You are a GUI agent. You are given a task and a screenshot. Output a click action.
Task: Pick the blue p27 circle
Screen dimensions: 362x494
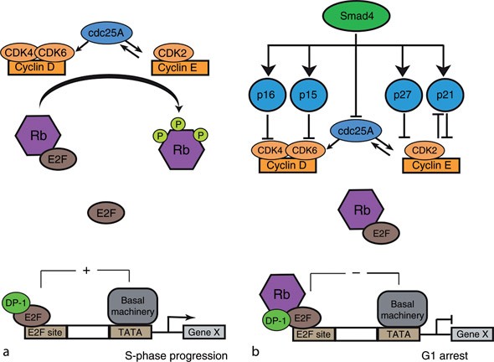[402, 95]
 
